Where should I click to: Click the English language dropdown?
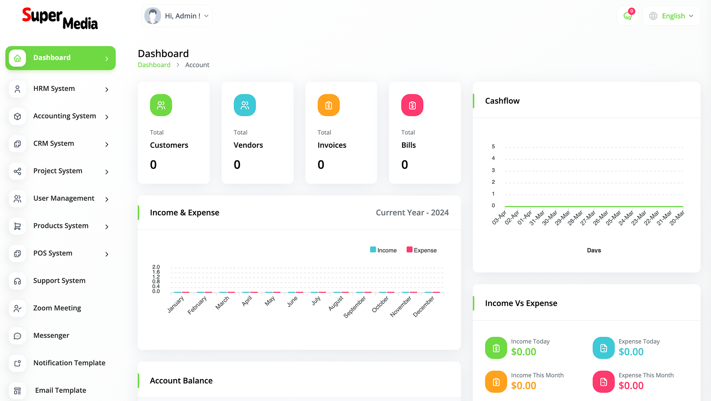click(x=671, y=16)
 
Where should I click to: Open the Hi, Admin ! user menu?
click(x=177, y=16)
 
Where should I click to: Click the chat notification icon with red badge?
click(x=628, y=16)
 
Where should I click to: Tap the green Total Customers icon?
click(x=161, y=105)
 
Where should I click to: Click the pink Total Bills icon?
click(x=412, y=105)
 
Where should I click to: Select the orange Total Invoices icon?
click(x=328, y=105)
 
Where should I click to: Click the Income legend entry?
click(x=383, y=250)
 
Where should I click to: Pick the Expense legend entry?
click(x=422, y=250)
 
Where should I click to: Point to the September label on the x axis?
click(x=354, y=307)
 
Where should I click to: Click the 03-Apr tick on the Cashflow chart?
click(x=499, y=218)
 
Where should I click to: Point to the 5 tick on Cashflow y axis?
click(x=493, y=147)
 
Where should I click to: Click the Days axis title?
click(x=594, y=250)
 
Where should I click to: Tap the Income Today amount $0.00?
click(x=523, y=352)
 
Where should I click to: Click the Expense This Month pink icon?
click(x=604, y=382)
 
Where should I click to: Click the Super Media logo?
click(x=60, y=19)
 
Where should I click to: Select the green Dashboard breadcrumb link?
click(x=154, y=65)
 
